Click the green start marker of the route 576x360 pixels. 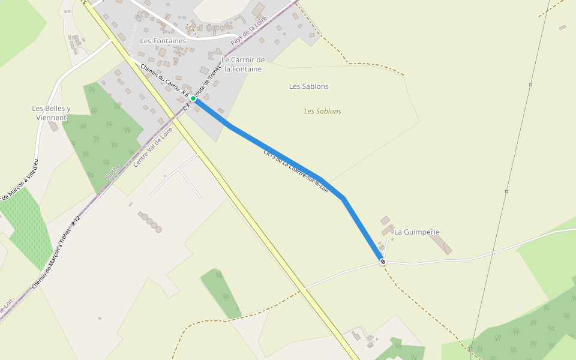coord(193,98)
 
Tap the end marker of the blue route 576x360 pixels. coord(383,262)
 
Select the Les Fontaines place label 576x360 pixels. coord(163,41)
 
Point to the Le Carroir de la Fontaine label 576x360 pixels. coord(242,64)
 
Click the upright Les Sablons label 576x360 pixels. coord(308,86)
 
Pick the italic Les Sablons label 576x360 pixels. coord(322,111)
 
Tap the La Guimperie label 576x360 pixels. coord(416,232)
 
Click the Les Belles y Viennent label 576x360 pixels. coord(51,113)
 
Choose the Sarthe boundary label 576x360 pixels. coord(112,172)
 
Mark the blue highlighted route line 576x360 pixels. coord(270,150)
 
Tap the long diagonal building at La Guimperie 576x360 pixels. coord(441,243)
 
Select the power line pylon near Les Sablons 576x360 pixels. coord(530,85)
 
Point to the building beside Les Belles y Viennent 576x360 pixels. coord(54,127)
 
